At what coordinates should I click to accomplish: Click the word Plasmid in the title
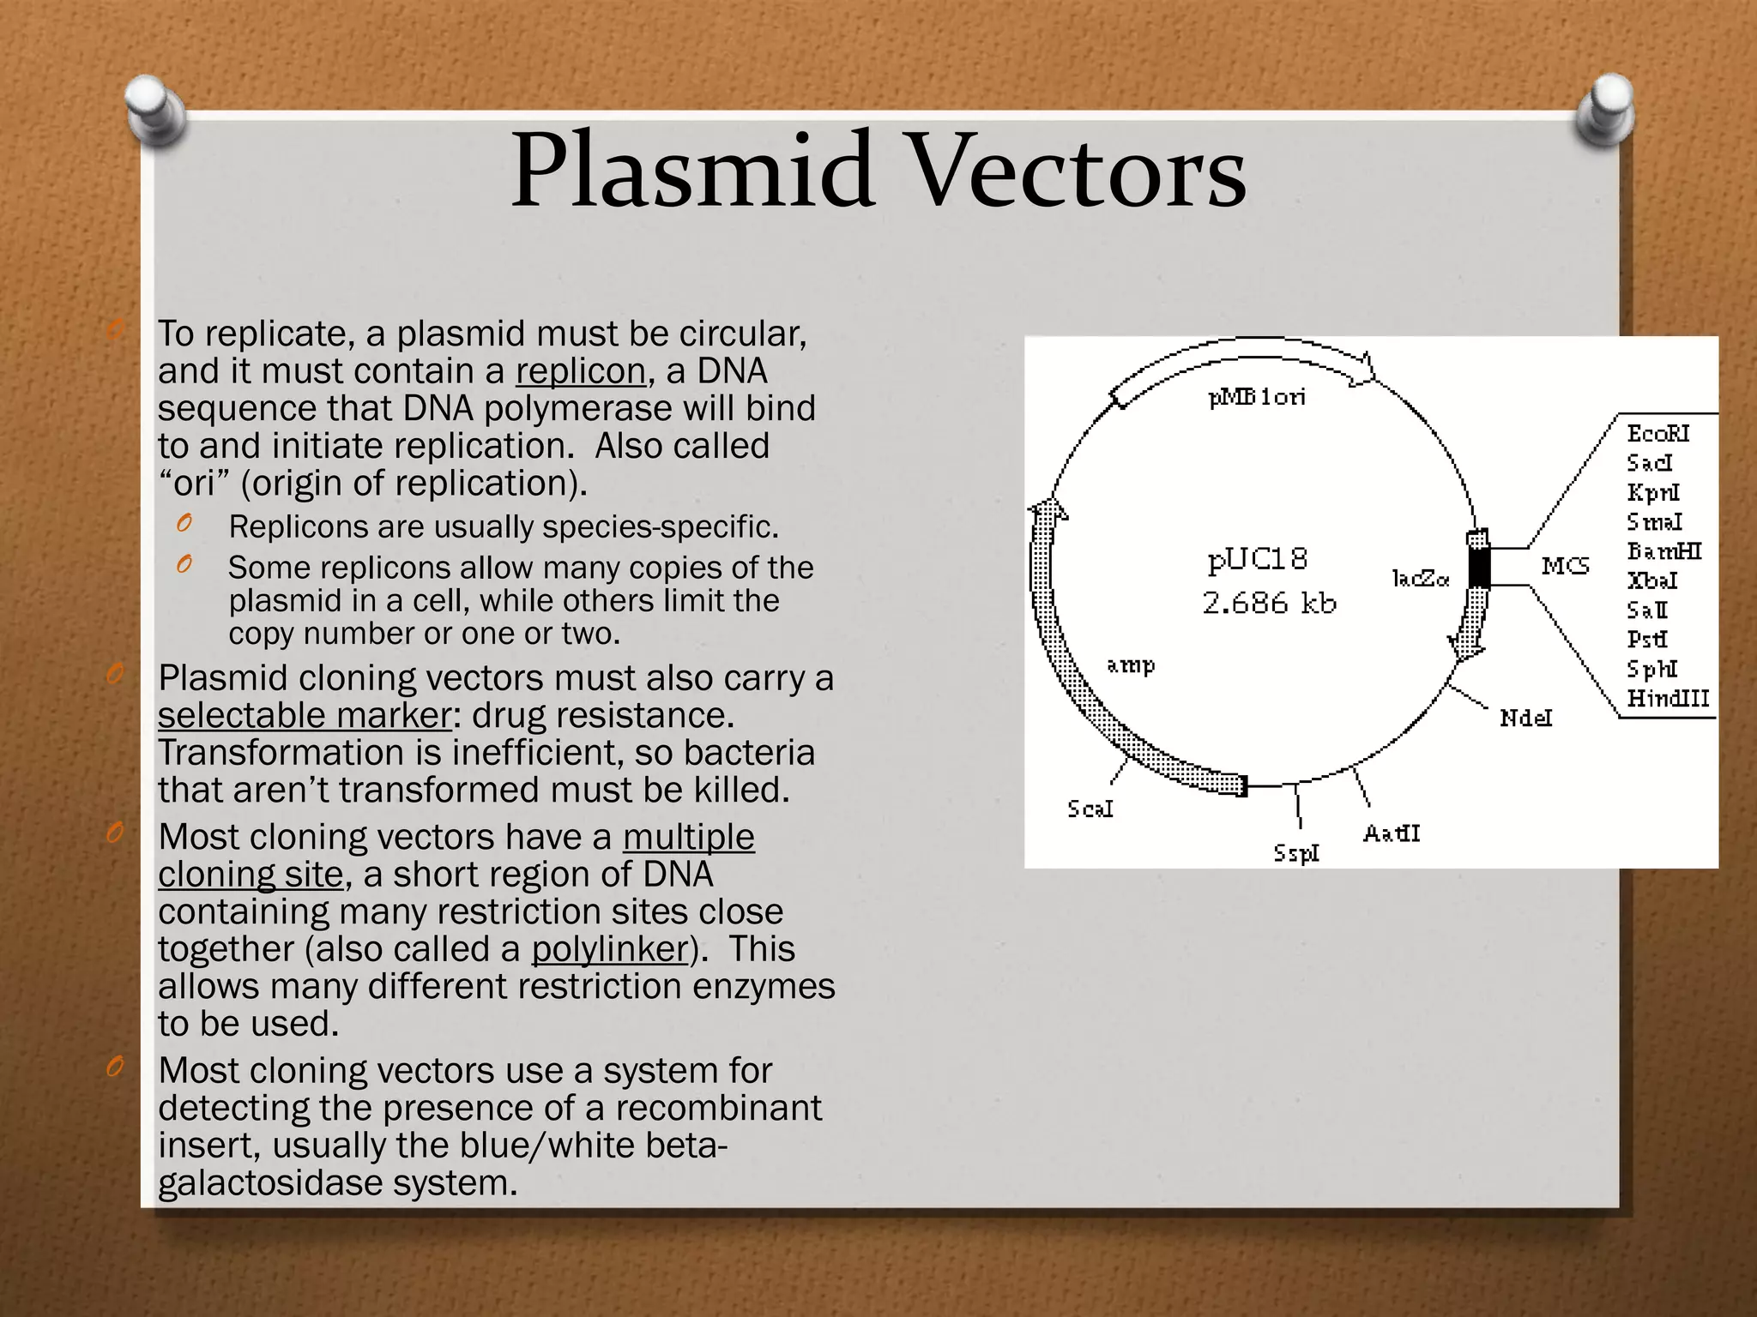[x=691, y=171]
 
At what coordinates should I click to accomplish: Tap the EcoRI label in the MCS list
[x=1657, y=434]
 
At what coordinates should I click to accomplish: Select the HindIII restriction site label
[x=1668, y=699]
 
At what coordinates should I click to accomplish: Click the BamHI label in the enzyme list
[x=1663, y=551]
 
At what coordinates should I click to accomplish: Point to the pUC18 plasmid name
[x=1258, y=560]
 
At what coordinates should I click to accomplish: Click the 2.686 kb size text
[x=1269, y=604]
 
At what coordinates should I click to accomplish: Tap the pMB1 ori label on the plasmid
[x=1257, y=397]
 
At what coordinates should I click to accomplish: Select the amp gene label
[x=1131, y=665]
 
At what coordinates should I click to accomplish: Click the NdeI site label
[x=1525, y=718]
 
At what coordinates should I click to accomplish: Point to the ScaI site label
[x=1090, y=809]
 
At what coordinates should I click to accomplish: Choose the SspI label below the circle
[x=1295, y=853]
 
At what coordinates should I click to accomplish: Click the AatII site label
[x=1392, y=833]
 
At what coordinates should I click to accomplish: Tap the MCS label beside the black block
[x=1565, y=566]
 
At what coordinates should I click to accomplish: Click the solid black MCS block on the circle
[x=1478, y=567]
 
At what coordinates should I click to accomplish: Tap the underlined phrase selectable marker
[x=305, y=716]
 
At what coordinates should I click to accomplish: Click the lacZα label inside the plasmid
[x=1420, y=579]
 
